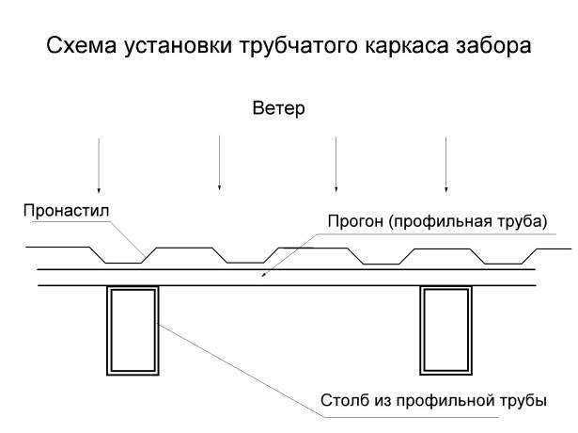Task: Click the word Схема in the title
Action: click(82, 45)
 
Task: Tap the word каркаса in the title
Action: click(407, 46)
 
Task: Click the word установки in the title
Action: click(178, 47)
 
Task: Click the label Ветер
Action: click(279, 108)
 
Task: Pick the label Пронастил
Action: click(66, 211)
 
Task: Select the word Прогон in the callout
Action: click(355, 221)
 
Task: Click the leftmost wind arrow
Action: click(99, 166)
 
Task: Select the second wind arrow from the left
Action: click(219, 163)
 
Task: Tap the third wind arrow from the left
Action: click(336, 164)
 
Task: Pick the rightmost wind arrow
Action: click(446, 165)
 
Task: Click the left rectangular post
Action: click(107, 330)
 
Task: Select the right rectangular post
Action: click(421, 330)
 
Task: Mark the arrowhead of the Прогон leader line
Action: click(263, 275)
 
